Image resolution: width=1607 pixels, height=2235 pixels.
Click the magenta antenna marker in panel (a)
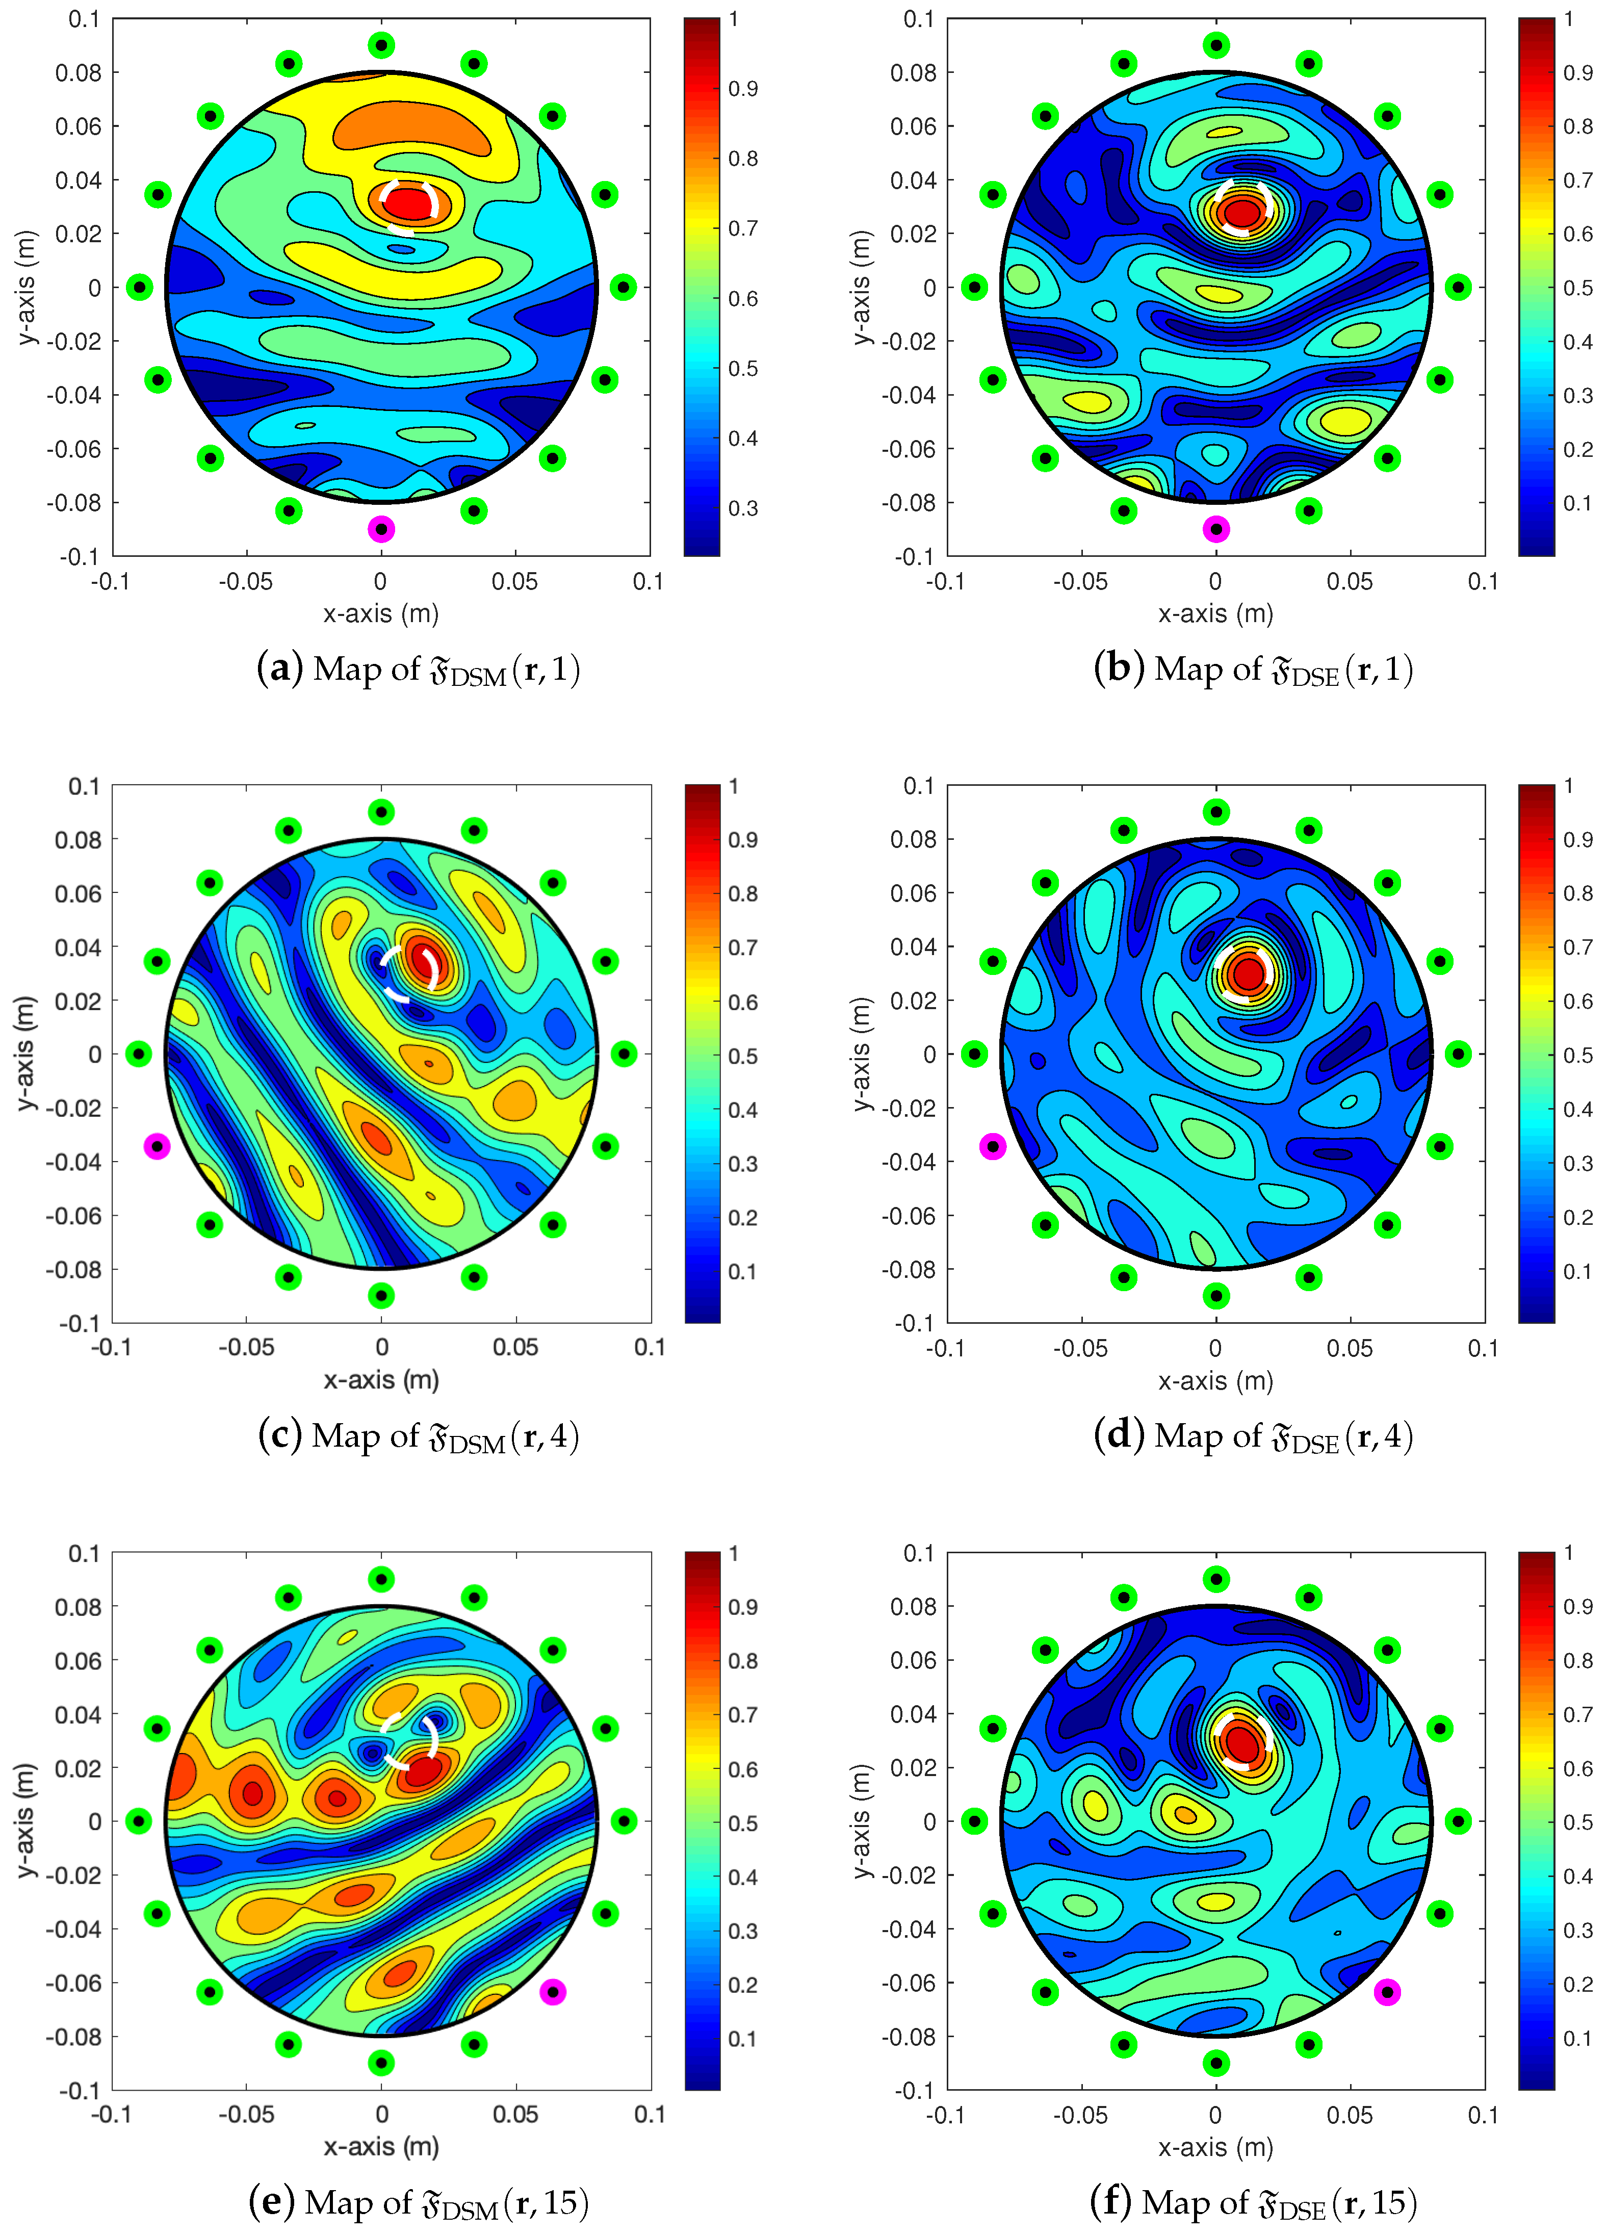pyautogui.click(x=381, y=529)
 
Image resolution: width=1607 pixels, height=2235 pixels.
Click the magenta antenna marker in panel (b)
pyautogui.click(x=1216, y=529)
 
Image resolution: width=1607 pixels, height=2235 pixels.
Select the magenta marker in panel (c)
pyautogui.click(x=157, y=1146)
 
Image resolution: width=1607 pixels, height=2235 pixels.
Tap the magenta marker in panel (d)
pyautogui.click(x=992, y=1146)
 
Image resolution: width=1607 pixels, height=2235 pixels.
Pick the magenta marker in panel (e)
pyautogui.click(x=553, y=1992)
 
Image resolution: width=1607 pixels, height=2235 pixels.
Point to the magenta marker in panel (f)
pyautogui.click(x=1387, y=1992)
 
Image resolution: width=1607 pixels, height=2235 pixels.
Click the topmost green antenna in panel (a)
pyautogui.click(x=381, y=45)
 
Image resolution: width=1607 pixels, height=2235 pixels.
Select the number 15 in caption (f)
pyautogui.click(x=1386, y=2201)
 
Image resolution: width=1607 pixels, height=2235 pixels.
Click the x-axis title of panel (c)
pyautogui.click(x=381, y=1380)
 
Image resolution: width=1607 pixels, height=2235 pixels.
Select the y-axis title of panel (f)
pyautogui.click(x=862, y=1821)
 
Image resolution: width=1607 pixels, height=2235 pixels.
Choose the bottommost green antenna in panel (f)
pyautogui.click(x=1216, y=2063)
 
